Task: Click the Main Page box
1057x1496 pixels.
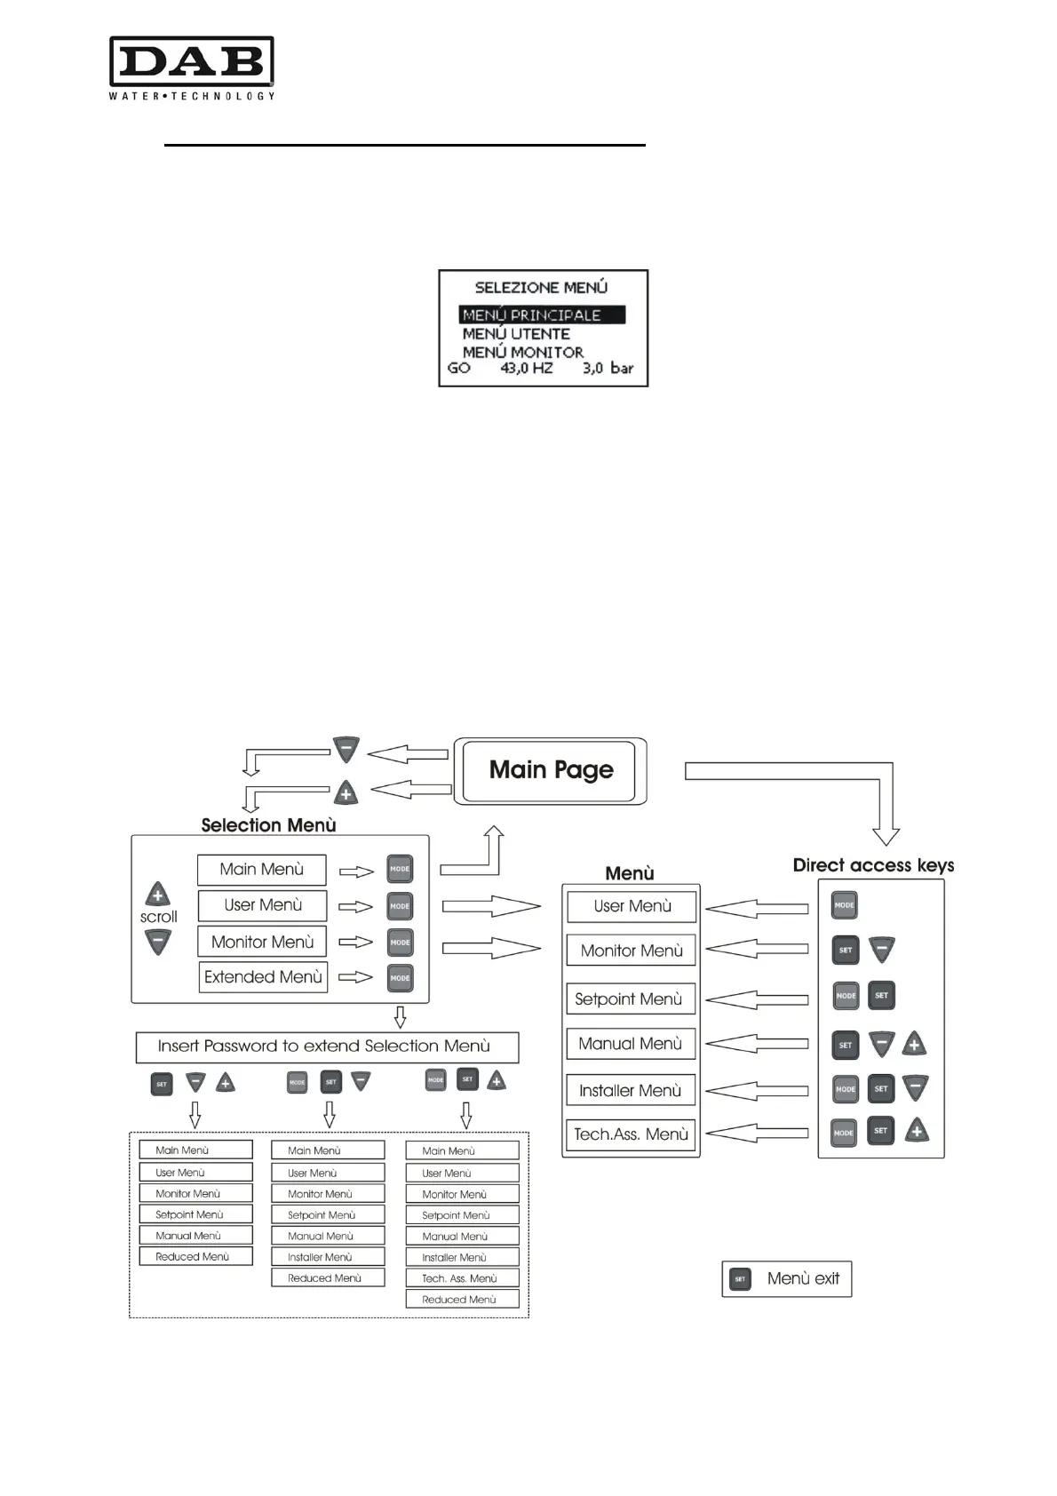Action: (x=551, y=770)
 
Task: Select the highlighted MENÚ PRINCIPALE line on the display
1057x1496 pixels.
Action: (x=542, y=314)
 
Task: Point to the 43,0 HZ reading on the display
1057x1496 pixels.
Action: (x=526, y=368)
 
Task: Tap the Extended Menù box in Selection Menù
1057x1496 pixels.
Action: (x=263, y=977)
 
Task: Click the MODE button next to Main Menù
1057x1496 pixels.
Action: (x=400, y=869)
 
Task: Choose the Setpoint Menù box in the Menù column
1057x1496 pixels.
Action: (x=630, y=999)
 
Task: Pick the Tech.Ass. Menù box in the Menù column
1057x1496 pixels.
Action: (x=631, y=1134)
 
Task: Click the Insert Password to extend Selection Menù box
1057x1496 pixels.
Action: (x=326, y=1046)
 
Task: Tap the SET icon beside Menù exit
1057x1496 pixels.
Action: (x=740, y=1279)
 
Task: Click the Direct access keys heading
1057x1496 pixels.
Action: (x=873, y=865)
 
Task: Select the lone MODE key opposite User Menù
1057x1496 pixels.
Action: (x=844, y=905)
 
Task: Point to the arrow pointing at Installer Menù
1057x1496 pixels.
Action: (x=757, y=1090)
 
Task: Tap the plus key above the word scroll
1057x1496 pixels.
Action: (x=158, y=894)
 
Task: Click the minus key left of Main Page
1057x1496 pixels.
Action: (x=346, y=749)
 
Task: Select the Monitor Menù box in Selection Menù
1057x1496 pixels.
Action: (x=262, y=942)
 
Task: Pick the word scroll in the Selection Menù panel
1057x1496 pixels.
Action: (x=158, y=917)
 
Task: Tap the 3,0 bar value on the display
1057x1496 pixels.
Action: (x=608, y=368)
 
